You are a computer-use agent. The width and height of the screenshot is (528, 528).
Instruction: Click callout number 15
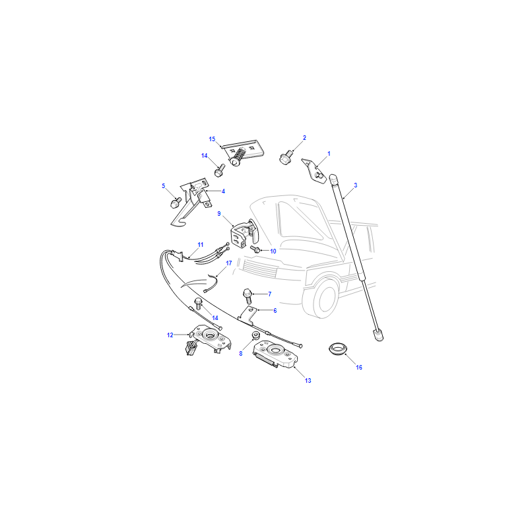[212, 139]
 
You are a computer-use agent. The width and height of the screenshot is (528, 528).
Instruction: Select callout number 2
[304, 138]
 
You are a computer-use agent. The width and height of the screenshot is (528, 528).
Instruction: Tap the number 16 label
[359, 368]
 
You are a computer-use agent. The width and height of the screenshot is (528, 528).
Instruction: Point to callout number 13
[308, 381]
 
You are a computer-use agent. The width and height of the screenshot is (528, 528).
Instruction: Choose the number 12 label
[170, 335]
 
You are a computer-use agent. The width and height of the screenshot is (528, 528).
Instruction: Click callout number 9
[219, 213]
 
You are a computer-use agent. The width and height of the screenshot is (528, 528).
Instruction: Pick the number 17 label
[229, 263]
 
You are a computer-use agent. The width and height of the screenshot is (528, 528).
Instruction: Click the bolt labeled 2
[286, 157]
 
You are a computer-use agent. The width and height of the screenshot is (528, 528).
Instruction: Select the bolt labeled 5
[176, 203]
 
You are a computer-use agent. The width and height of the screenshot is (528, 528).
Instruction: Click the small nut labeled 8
[255, 336]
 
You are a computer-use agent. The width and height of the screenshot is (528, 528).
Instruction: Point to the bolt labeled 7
[247, 296]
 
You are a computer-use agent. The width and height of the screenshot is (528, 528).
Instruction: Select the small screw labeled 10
[255, 249]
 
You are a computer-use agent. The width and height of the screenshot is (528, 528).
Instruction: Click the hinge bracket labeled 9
[244, 233]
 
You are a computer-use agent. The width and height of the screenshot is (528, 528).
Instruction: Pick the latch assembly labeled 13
[275, 354]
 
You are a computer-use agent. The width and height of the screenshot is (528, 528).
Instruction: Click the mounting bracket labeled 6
[248, 315]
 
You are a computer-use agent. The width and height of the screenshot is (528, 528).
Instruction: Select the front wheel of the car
[321, 298]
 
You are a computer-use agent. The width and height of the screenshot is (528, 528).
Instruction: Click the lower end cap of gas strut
[378, 335]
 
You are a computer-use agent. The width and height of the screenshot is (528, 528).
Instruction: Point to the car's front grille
[259, 269]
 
